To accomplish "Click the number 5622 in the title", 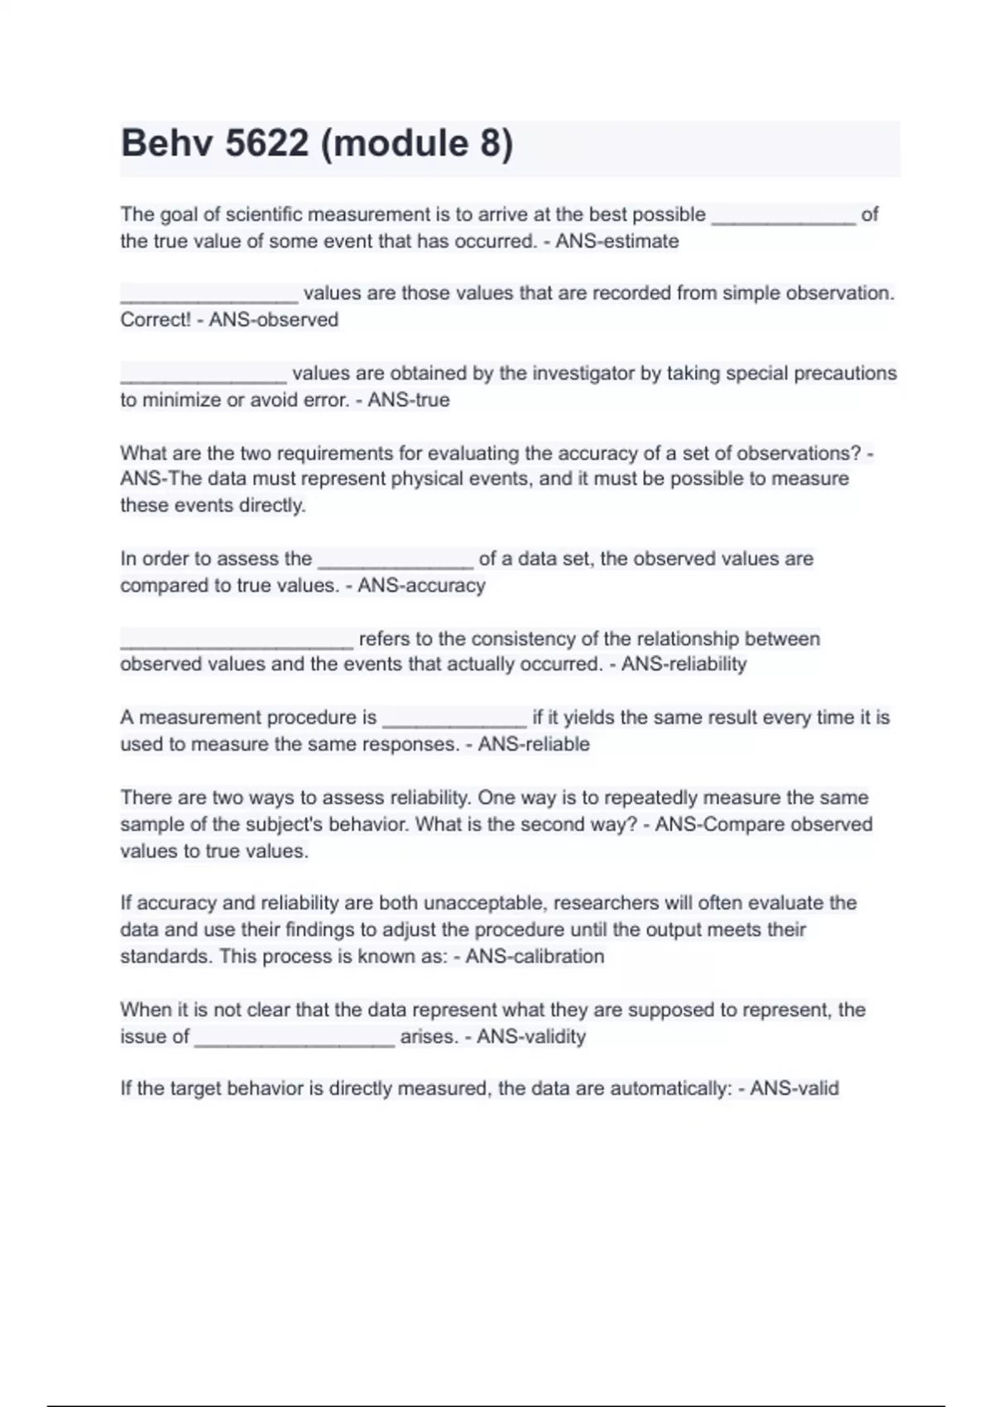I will click(x=266, y=143).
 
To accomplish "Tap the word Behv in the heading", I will click(x=167, y=143).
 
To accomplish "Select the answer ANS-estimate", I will click(x=616, y=242).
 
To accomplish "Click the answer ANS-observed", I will click(x=273, y=320).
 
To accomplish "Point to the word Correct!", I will click(x=156, y=320).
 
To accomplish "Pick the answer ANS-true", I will click(x=409, y=401).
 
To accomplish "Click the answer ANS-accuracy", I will click(x=421, y=586).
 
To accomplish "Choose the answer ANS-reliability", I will click(x=684, y=665).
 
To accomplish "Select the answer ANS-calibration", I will click(x=535, y=957).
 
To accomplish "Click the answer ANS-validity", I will click(x=531, y=1037).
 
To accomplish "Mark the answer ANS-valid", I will click(x=794, y=1088).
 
